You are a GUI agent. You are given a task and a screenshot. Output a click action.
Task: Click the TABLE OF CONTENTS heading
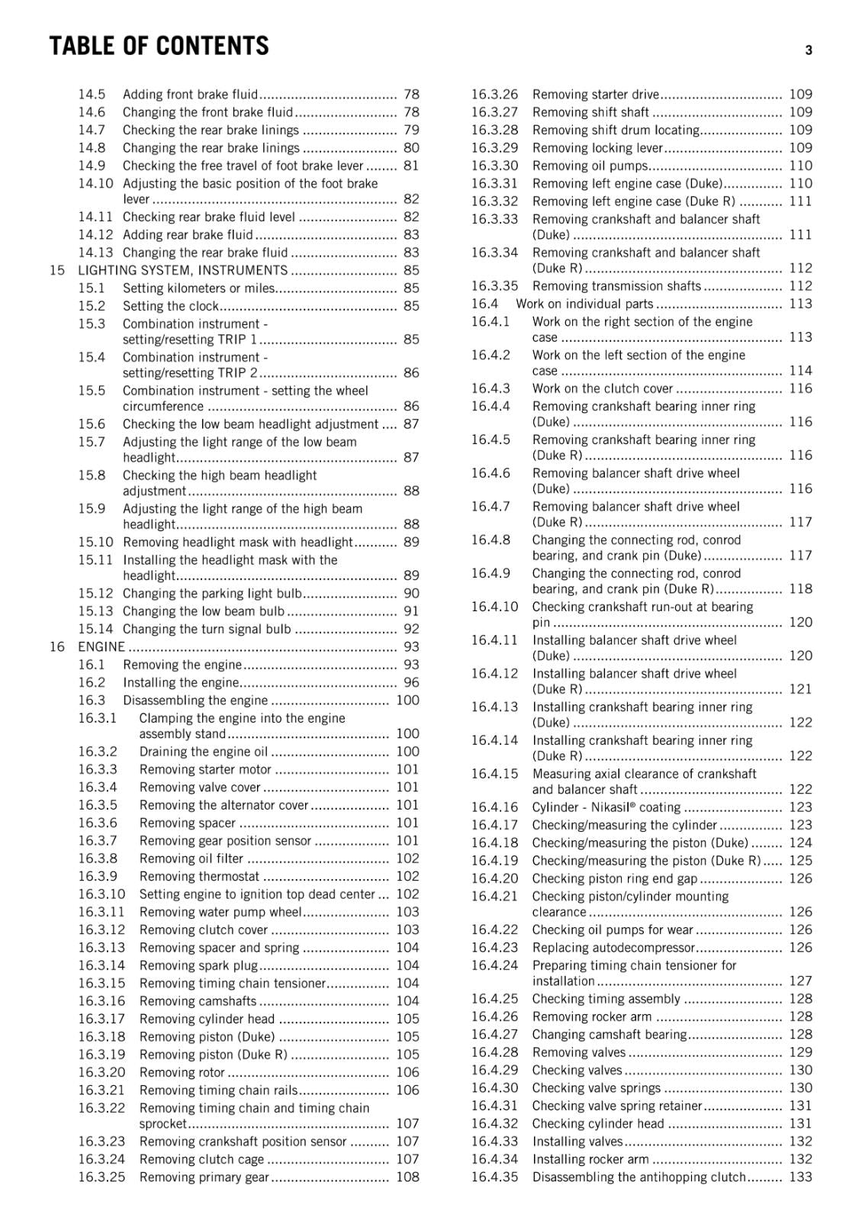click(x=159, y=47)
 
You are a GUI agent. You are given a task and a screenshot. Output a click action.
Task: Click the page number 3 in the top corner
click(x=808, y=50)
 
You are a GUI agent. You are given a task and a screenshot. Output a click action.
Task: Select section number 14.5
click(x=92, y=95)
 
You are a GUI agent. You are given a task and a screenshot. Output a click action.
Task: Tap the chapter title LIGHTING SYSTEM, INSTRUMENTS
click(x=182, y=270)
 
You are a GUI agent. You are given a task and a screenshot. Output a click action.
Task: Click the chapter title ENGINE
click(x=101, y=646)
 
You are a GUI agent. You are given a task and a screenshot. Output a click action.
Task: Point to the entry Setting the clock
click(x=170, y=306)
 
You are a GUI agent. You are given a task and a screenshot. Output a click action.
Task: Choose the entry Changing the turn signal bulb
click(x=206, y=629)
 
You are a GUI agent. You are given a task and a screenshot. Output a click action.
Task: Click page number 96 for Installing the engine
click(x=411, y=682)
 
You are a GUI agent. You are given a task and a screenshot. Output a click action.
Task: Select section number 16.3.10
click(x=101, y=894)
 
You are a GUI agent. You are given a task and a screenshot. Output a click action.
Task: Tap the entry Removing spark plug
click(x=198, y=965)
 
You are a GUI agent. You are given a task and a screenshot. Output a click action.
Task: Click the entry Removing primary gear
click(x=204, y=1177)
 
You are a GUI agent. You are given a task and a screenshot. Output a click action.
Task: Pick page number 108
click(x=407, y=1177)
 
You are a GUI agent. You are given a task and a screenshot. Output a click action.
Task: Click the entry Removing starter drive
click(x=595, y=95)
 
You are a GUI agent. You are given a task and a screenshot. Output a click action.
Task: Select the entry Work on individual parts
click(x=584, y=304)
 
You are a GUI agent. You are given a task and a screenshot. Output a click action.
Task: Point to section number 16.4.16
click(x=494, y=807)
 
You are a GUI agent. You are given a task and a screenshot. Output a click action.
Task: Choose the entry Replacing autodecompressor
click(x=613, y=948)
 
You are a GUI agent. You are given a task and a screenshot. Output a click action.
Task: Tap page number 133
click(x=800, y=1177)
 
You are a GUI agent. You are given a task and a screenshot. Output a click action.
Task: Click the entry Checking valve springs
click(x=596, y=1087)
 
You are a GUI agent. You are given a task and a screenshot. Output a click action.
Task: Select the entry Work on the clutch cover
click(x=602, y=388)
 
